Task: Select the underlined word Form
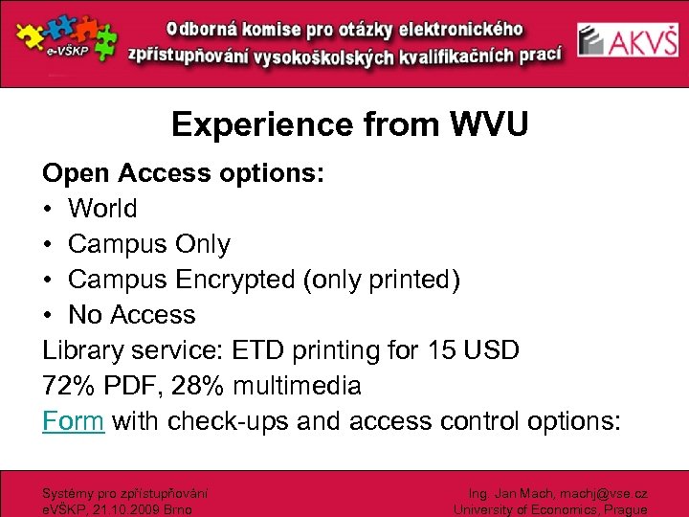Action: pyautogui.click(x=73, y=420)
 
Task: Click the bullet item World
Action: pyautogui.click(x=102, y=208)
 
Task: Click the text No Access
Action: pyautogui.click(x=132, y=314)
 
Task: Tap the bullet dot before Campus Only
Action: pyautogui.click(x=49, y=244)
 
